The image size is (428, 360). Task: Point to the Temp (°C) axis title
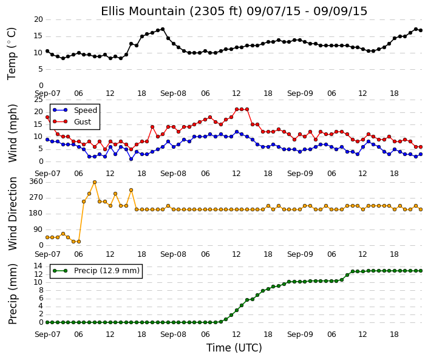coord(12,54)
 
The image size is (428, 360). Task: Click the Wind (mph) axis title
coord(13,133)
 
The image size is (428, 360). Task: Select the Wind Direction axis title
coord(13,214)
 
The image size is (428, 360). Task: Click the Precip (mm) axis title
coord(13,294)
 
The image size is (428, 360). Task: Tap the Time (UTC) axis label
coord(234,348)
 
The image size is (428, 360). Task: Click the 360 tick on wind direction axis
coord(36,182)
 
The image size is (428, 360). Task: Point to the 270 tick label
coord(36,197)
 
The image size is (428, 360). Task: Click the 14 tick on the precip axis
coord(38,266)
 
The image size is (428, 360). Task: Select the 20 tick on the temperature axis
coord(38,19)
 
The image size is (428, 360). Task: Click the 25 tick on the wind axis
coord(38,100)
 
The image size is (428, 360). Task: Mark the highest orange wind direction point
coord(95,182)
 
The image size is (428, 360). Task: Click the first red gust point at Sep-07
coord(47,117)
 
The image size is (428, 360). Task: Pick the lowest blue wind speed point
coord(131,159)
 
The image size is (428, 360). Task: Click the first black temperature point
coord(47,51)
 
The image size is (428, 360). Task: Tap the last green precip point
coord(421,271)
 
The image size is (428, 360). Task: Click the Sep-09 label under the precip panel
coord(300,335)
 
